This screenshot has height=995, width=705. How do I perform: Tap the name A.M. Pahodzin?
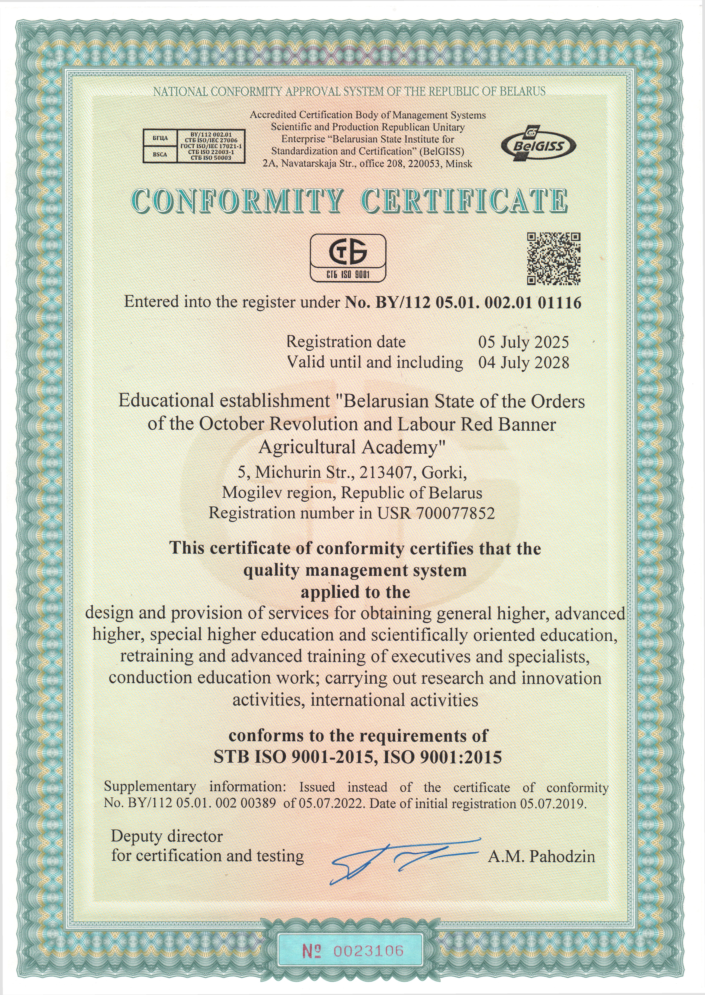point(541,856)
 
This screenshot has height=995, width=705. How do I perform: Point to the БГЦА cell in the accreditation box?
point(160,138)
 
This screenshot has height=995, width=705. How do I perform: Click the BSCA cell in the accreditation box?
point(160,154)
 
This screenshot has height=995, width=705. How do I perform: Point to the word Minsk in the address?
point(459,164)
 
